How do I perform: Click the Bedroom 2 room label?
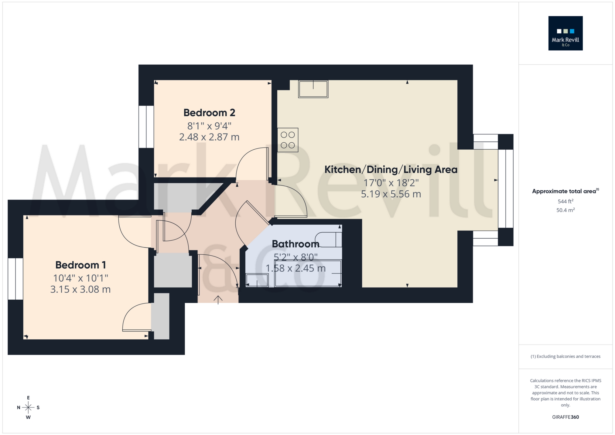pyautogui.click(x=209, y=113)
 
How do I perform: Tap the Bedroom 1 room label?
pyautogui.click(x=80, y=265)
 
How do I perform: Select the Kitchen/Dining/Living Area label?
pyautogui.click(x=391, y=170)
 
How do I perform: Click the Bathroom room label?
pyautogui.click(x=295, y=244)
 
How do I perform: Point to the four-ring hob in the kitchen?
pyautogui.click(x=288, y=140)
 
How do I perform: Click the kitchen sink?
pyautogui.click(x=313, y=89)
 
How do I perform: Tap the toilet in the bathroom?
pyautogui.click(x=329, y=240)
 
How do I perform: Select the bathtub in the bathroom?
pyautogui.click(x=308, y=274)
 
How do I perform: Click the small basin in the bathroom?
pyautogui.click(x=257, y=280)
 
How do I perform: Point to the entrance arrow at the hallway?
pyautogui.click(x=218, y=300)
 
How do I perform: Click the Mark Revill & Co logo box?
pyautogui.click(x=565, y=33)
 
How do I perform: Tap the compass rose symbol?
pyautogui.click(x=28, y=407)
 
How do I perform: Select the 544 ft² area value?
pyautogui.click(x=565, y=201)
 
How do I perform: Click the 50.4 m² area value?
pyautogui.click(x=565, y=210)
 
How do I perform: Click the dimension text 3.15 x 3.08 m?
pyautogui.click(x=80, y=290)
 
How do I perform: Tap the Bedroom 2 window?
pyautogui.click(x=146, y=127)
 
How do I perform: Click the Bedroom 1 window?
pyautogui.click(x=15, y=279)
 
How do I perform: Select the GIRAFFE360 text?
pyautogui.click(x=565, y=417)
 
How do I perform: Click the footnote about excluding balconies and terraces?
pyautogui.click(x=565, y=356)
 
